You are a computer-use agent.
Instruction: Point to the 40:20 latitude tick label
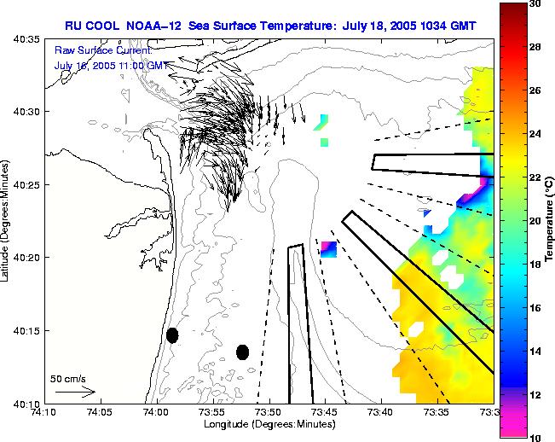[23, 258]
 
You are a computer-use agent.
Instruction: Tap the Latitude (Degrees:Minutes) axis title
[7, 221]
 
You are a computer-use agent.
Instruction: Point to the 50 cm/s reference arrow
[75, 392]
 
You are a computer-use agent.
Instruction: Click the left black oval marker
[172, 335]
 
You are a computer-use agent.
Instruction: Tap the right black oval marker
[242, 352]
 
